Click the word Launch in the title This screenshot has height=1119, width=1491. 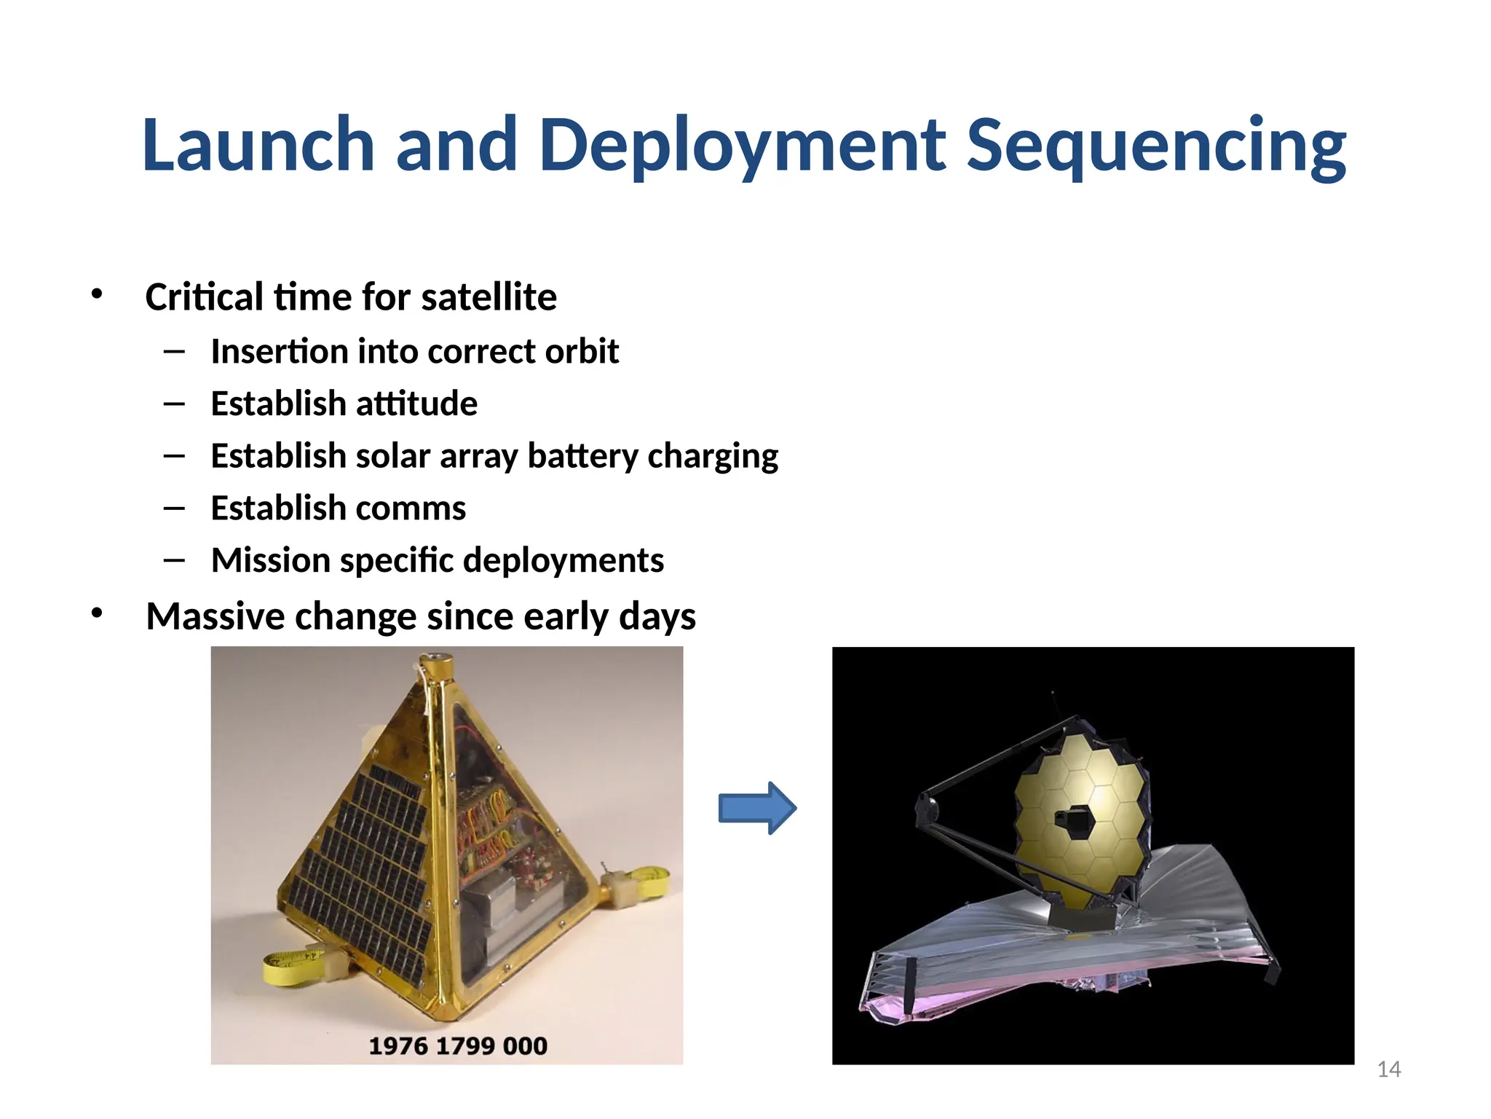pyautogui.click(x=258, y=146)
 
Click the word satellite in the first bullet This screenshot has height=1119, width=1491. pyautogui.click(x=489, y=297)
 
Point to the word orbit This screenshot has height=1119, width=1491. pyautogui.click(x=582, y=352)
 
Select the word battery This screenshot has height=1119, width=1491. pyautogui.click(x=582, y=457)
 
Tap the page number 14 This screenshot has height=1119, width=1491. pyautogui.click(x=1388, y=1069)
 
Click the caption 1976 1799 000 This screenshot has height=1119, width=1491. pyautogui.click(x=457, y=1046)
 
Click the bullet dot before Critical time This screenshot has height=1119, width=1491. pyautogui.click(x=97, y=294)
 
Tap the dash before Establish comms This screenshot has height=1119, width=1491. pyautogui.click(x=175, y=509)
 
